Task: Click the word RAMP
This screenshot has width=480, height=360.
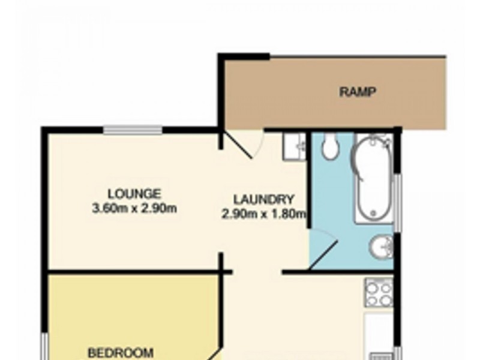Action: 358,92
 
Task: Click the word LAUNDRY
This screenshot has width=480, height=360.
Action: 264,200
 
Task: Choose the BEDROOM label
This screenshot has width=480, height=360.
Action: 121,352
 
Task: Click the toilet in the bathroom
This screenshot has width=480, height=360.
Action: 329,147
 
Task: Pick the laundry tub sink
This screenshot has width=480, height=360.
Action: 295,146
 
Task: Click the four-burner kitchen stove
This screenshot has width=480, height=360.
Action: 379,293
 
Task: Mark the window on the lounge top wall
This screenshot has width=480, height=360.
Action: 132,130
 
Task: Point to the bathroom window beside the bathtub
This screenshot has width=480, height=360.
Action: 397,201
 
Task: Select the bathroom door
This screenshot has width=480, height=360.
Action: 324,252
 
